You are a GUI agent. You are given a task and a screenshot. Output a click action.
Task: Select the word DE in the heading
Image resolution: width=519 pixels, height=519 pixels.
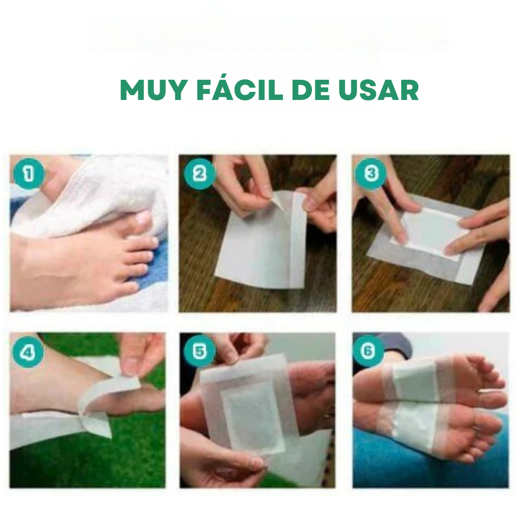coord(310,90)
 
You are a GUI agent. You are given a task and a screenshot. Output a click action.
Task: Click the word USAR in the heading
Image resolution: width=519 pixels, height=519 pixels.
coord(378,90)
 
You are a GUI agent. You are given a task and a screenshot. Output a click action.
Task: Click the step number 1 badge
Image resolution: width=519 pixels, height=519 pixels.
coord(28,174)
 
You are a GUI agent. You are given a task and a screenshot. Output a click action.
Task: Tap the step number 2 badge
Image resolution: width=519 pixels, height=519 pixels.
coord(199,174)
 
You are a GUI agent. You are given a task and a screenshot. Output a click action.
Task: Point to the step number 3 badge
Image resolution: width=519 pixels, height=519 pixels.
coord(371,173)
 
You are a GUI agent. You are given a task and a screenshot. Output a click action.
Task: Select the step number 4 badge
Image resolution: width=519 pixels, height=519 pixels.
coord(28,352)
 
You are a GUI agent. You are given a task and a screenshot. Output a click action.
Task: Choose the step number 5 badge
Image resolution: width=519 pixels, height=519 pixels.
coord(199,351)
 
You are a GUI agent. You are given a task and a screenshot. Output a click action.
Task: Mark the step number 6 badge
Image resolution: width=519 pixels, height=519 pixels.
coord(368,351)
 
